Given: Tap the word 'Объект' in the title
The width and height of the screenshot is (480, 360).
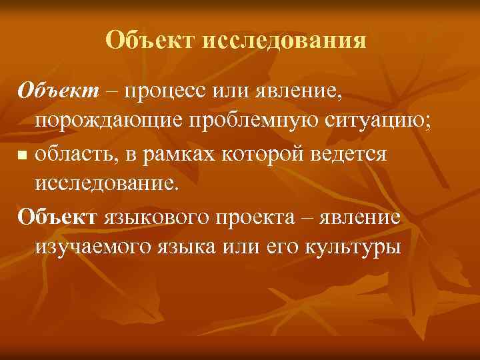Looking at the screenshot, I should coord(149,41).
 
